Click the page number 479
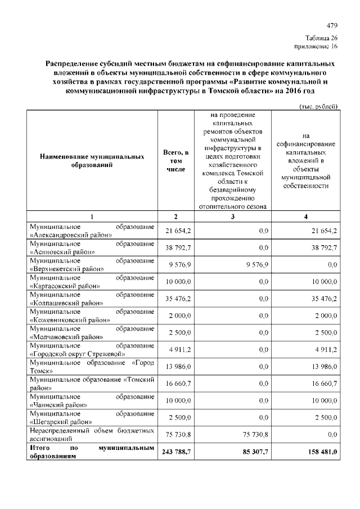tap(331, 26)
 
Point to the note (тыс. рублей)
tap(318, 106)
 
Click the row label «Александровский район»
tap(92, 231)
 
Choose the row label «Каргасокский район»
tap(92, 281)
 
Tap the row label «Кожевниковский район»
tap(92, 314)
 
